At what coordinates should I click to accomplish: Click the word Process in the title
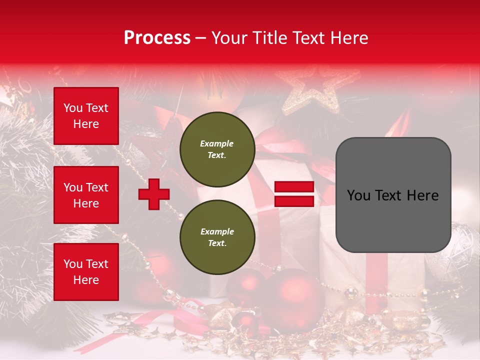(157, 37)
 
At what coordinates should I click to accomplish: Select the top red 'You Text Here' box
(86, 116)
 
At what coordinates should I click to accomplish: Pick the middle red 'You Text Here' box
(86, 195)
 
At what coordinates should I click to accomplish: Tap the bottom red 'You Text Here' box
(86, 271)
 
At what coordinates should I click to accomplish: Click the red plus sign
(154, 194)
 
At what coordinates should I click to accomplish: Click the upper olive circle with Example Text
(217, 149)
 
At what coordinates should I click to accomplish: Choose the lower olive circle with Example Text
(217, 237)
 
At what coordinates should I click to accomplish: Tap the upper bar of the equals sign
(294, 187)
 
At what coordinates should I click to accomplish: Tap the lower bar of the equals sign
(294, 201)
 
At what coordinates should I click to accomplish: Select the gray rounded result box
(393, 195)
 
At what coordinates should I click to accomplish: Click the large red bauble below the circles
(292, 295)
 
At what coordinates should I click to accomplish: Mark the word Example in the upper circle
(217, 143)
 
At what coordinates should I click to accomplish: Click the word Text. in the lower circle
(217, 243)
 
